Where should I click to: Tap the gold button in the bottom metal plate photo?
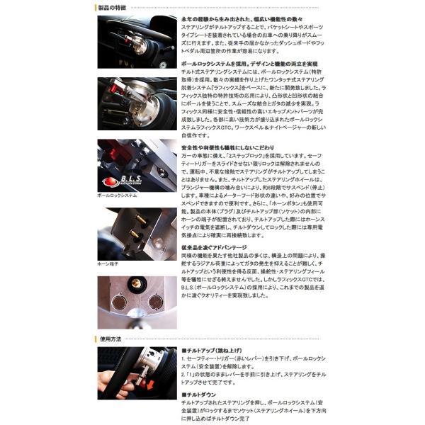[132, 285]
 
